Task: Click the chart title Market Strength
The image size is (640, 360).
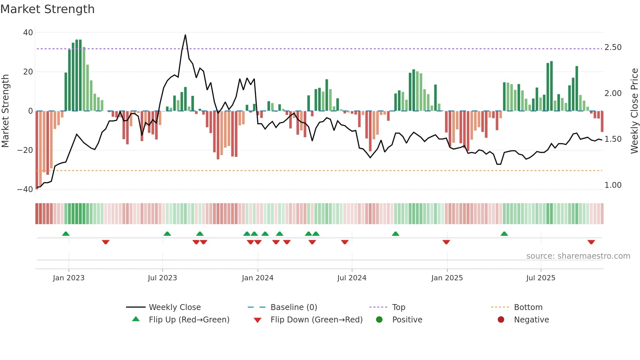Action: point(47,9)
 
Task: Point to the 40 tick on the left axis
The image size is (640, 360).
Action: point(28,32)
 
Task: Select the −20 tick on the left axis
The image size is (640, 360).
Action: point(25,150)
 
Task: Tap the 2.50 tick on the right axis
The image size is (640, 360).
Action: point(613,47)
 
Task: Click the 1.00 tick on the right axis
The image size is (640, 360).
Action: point(613,185)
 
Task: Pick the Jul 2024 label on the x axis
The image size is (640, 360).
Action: point(352,278)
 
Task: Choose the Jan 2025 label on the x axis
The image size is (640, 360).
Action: point(447,278)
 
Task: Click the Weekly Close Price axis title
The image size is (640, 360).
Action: point(634,111)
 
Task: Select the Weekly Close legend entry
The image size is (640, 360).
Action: point(175,307)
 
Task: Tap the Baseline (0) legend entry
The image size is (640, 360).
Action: point(294,307)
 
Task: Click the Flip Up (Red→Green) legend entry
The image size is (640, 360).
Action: point(189,320)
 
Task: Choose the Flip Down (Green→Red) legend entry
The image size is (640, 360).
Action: point(316,320)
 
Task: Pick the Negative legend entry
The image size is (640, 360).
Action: point(531,320)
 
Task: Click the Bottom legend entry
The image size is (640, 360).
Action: point(528,307)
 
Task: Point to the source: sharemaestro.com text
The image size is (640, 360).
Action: point(578,256)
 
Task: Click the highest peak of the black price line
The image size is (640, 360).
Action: point(185,35)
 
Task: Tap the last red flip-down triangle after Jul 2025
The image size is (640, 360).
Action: point(591,242)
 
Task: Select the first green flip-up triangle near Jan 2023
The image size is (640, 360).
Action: point(66,234)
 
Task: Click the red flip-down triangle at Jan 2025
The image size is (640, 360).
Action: point(446,242)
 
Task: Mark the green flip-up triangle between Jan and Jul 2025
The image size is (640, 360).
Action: point(504,234)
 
